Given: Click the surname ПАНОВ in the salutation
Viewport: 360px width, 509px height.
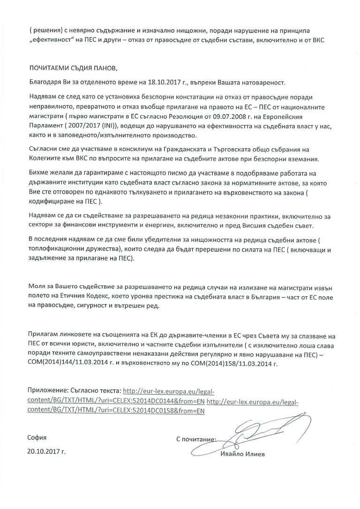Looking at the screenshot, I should pyautogui.click(x=101, y=69).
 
